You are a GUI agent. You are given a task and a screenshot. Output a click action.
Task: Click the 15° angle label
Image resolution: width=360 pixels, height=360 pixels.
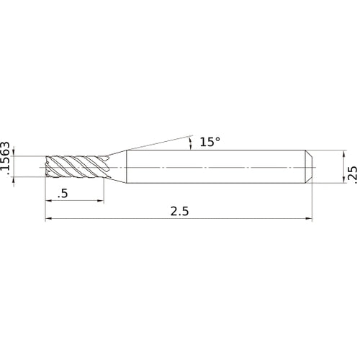[x=210, y=143]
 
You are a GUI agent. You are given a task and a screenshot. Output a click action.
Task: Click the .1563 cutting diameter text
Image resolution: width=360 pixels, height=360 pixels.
[x=6, y=159]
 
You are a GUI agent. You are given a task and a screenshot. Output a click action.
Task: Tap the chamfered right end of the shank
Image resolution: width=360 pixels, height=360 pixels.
[x=309, y=167]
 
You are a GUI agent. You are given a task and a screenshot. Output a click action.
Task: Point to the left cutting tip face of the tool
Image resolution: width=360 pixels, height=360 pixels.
[x=47, y=167]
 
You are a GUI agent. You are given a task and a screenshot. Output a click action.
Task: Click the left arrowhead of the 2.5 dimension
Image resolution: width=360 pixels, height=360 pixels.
[x=48, y=219]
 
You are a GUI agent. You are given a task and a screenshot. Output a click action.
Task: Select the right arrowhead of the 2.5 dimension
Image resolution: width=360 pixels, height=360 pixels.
[x=310, y=219]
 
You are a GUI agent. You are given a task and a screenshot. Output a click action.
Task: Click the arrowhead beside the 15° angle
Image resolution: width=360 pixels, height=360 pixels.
[x=190, y=145]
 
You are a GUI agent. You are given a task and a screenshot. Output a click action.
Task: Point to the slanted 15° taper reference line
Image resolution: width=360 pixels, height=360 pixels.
[x=158, y=142]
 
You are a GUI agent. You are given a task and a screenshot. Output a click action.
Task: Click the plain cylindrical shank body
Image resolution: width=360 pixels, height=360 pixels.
[x=216, y=167]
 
